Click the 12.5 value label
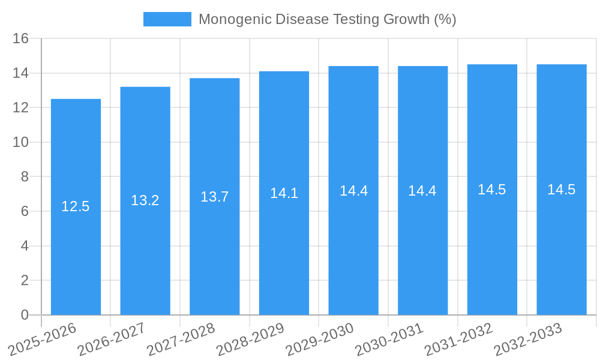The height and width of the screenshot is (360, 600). click(x=76, y=206)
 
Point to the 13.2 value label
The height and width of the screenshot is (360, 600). click(x=145, y=200)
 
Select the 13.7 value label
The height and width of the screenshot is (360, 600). click(x=215, y=196)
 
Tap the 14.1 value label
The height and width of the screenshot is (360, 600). click(x=284, y=193)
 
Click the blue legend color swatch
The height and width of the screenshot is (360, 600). click(x=167, y=19)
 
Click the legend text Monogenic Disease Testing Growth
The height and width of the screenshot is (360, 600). click(x=327, y=19)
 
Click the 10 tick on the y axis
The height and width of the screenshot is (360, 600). click(x=21, y=142)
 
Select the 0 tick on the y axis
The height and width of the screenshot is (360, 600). click(x=25, y=315)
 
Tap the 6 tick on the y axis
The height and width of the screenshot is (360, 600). click(x=25, y=211)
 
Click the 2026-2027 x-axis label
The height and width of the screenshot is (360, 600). click(x=111, y=340)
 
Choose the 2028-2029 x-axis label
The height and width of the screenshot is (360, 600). click(x=250, y=340)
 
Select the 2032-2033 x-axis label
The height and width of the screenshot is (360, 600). click(x=527, y=340)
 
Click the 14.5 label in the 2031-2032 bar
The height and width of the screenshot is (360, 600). click(x=492, y=190)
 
